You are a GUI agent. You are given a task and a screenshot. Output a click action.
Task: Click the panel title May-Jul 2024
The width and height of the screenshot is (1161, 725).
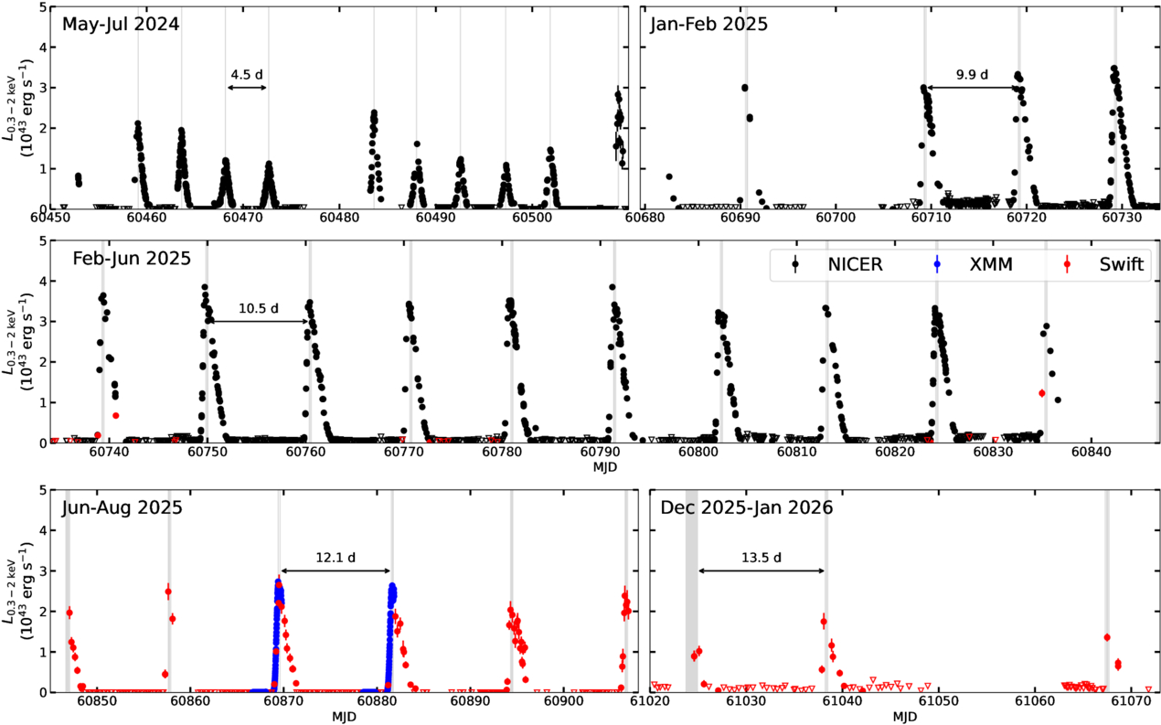(x=121, y=24)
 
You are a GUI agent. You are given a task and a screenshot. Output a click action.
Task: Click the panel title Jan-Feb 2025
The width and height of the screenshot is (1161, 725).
(x=708, y=24)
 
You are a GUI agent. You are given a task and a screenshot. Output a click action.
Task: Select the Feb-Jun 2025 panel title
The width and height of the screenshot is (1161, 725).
(x=132, y=258)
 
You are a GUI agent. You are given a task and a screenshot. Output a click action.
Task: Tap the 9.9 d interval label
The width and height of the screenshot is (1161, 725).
(x=972, y=74)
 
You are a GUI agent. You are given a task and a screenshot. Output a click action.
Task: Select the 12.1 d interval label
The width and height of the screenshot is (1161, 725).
(x=336, y=557)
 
